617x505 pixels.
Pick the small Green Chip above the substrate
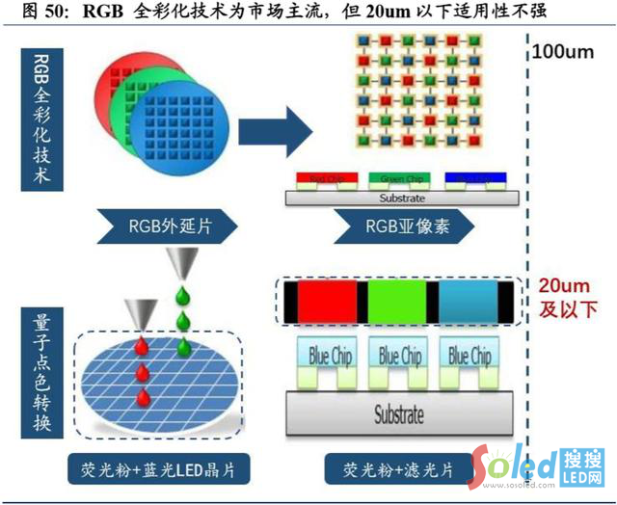[x=400, y=179]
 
